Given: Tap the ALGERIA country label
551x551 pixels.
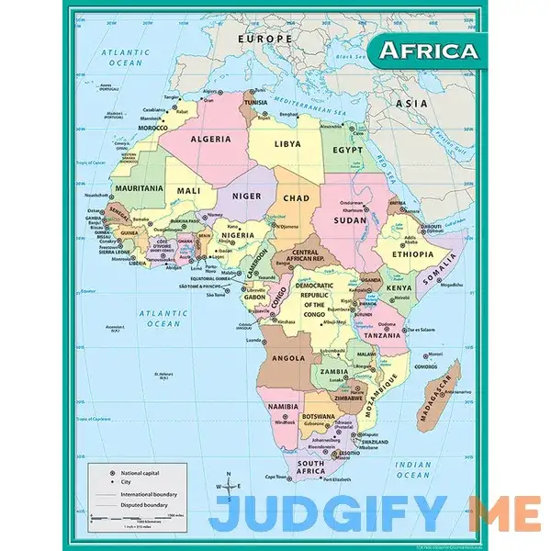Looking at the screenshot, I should pyautogui.click(x=209, y=139).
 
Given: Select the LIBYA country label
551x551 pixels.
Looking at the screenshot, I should pyautogui.click(x=287, y=144).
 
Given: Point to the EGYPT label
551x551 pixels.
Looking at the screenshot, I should pyautogui.click(x=348, y=149).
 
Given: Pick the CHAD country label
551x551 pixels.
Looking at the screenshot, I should pyautogui.click(x=295, y=197).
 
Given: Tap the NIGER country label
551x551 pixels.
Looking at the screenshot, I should pyautogui.click(x=246, y=195).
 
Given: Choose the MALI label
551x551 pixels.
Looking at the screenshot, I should pyautogui.click(x=188, y=191).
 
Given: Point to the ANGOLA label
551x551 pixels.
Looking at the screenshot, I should pyautogui.click(x=288, y=357).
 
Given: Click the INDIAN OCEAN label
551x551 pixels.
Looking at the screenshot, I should pyautogui.click(x=413, y=469).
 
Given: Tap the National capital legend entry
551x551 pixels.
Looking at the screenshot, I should pyautogui.click(x=139, y=472).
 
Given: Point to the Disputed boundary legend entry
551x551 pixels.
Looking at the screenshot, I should pyautogui.click(x=143, y=504).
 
